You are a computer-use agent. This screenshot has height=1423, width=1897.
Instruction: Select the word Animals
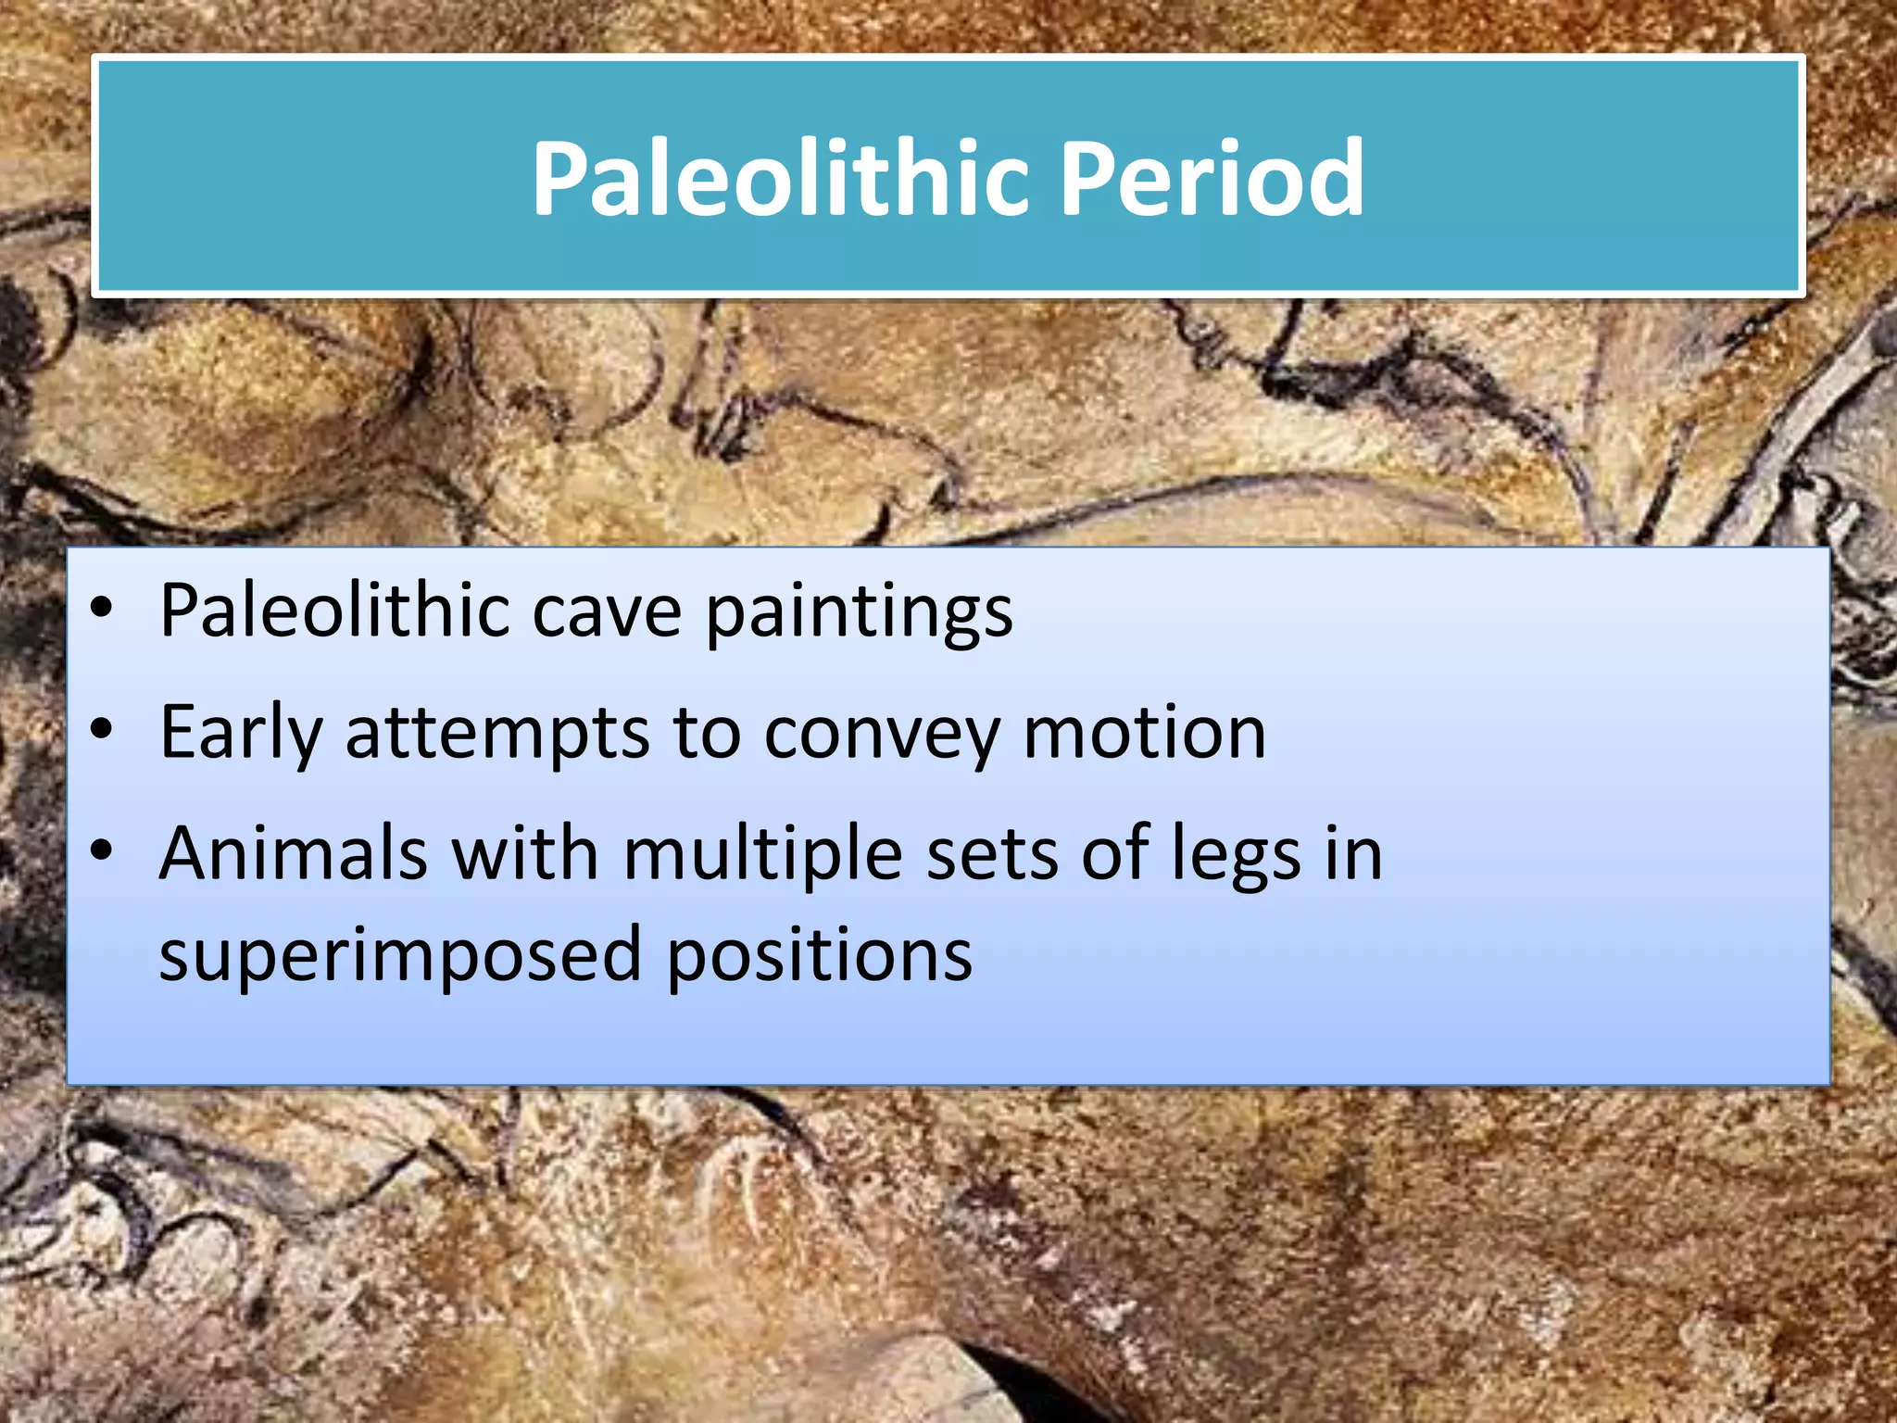coord(293,853)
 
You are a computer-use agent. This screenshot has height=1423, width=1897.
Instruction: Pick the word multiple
coord(762,855)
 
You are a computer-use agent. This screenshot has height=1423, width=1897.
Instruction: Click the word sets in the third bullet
coord(992,855)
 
